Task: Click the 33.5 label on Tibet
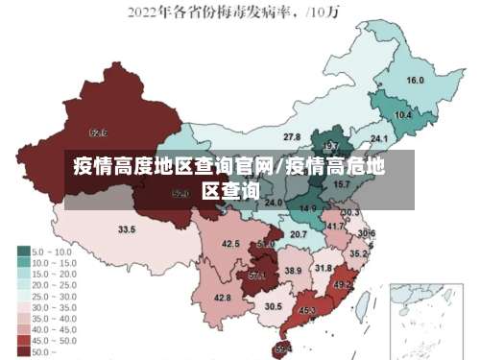[127, 230]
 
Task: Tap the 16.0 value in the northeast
[416, 81]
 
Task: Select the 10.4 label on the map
[403, 115]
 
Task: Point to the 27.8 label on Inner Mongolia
[292, 137]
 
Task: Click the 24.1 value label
[366, 140]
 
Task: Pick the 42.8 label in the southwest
[223, 298]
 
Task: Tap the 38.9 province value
[294, 272]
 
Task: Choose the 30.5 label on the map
[274, 306]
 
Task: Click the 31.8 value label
[324, 268]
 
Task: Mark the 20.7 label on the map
[299, 234]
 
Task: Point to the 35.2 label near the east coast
[358, 254]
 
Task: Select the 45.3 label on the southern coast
[308, 311]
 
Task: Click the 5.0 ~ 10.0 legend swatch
[23, 250]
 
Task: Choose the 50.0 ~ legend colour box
[23, 351]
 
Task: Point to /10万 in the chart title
[328, 12]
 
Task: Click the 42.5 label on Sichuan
[230, 244]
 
